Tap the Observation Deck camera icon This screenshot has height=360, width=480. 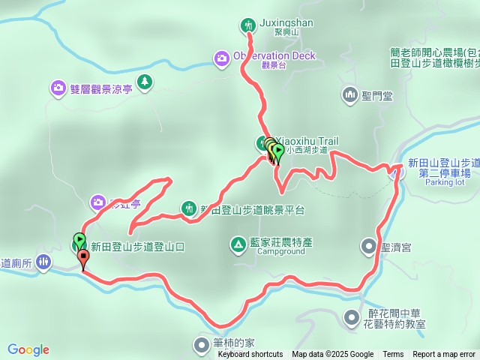point(222,57)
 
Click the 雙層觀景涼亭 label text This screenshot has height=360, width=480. point(102,88)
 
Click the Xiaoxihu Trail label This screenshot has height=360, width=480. point(308,141)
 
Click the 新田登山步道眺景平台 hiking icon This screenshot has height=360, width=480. point(189,208)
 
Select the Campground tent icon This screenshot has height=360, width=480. point(237,244)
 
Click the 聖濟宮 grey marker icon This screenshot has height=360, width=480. point(368,245)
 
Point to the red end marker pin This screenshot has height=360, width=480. point(82,258)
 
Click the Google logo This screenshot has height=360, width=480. point(28,349)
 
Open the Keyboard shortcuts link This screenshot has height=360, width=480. point(250,355)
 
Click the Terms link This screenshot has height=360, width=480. point(393,355)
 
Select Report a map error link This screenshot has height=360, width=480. point(444,355)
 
